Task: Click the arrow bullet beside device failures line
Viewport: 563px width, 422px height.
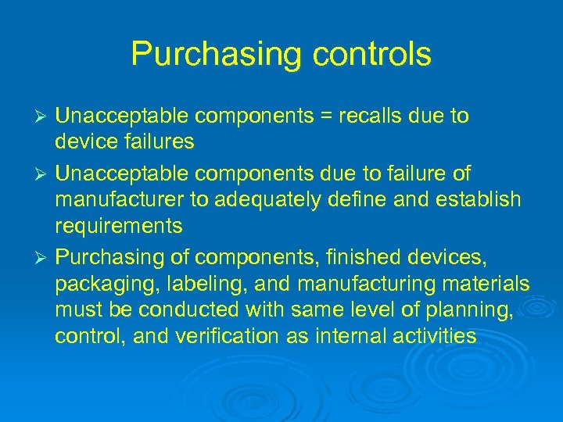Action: [x=44, y=117]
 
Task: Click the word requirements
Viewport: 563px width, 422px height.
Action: [x=119, y=227]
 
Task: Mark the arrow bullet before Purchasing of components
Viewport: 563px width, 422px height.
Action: [x=44, y=256]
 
